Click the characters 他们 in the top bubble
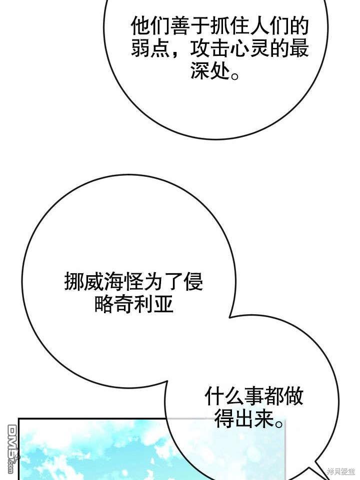[x=150, y=26]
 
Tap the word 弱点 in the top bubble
[x=150, y=48]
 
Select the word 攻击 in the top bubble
[x=210, y=48]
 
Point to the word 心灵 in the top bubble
[x=249, y=48]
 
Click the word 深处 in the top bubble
[x=210, y=70]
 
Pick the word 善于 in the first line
[x=190, y=26]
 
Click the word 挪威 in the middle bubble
[x=84, y=282]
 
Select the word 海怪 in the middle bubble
[x=123, y=282]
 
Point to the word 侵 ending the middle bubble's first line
[x=192, y=282]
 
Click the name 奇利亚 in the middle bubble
[x=143, y=304]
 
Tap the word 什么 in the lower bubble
[x=224, y=396]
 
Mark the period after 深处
[x=235, y=75]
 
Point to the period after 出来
[x=279, y=424]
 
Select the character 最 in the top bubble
[x=298, y=48]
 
